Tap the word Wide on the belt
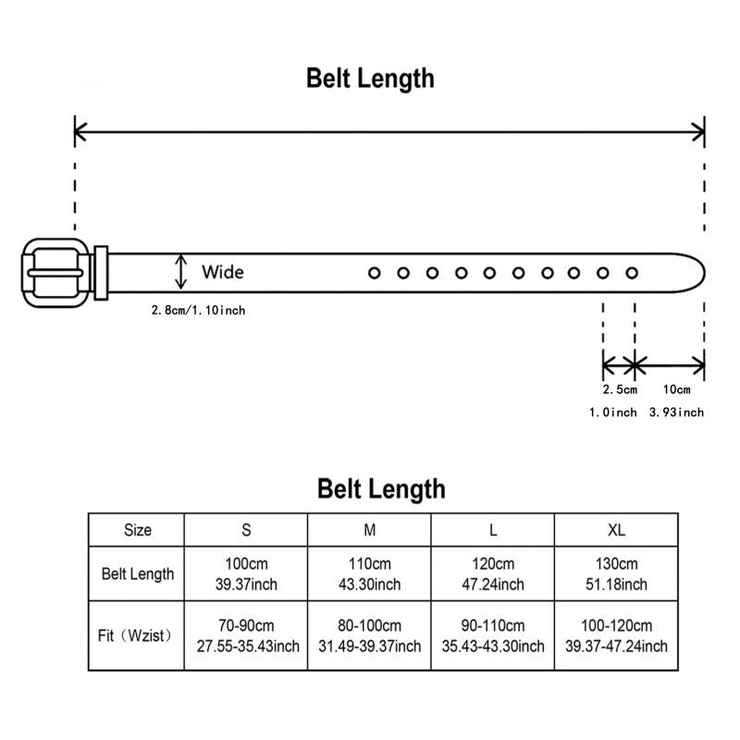pos(223,272)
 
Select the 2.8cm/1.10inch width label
pos(198,310)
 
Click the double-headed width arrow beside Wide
pos(180,272)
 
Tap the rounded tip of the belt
pos(703,273)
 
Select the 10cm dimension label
pos(676,389)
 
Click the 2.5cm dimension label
pos(620,389)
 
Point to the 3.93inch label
pos(676,412)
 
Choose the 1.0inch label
pos(613,412)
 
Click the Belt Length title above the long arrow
pos(371,79)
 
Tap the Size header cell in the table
pos(137,530)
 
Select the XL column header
pos(616,530)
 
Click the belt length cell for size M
pos(369,573)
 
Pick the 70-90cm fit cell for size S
pos(246,635)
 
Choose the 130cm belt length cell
pos(616,573)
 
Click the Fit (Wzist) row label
pos(135,635)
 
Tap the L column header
pos(493,530)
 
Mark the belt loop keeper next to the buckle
pos(101,273)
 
